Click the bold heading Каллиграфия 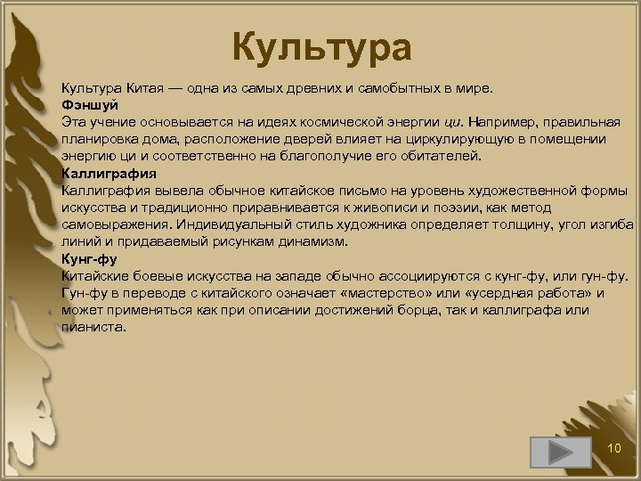pos(109,173)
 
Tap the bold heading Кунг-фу pos(89,258)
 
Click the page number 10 pos(613,447)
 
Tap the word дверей pos(329,139)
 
